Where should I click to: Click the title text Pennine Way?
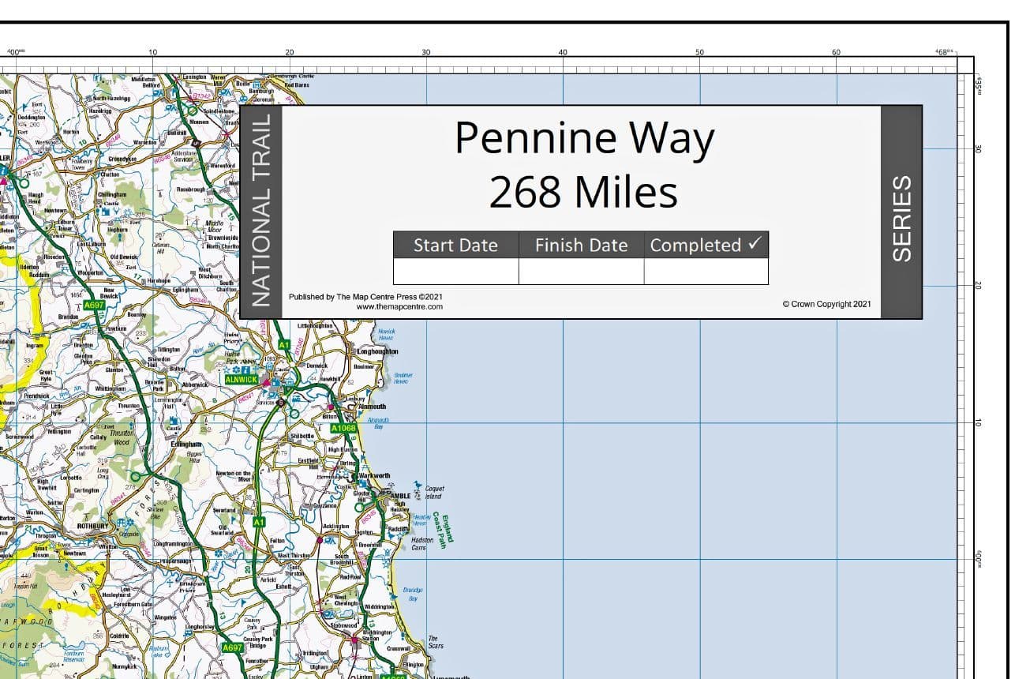point(584,138)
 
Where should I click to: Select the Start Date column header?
point(455,246)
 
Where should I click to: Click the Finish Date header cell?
point(581,246)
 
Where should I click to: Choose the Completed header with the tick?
point(706,246)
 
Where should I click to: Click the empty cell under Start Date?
point(455,271)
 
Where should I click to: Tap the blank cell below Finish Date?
point(581,271)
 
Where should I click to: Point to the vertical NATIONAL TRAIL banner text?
point(260,212)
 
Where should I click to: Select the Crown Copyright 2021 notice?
point(826,304)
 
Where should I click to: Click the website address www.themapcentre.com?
point(399,306)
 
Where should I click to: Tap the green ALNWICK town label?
point(241,379)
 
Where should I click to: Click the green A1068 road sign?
point(343,428)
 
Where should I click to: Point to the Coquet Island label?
point(433,493)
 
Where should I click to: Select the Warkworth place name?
point(375,476)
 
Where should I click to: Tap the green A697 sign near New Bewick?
point(94,304)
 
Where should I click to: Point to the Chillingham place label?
point(111,193)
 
